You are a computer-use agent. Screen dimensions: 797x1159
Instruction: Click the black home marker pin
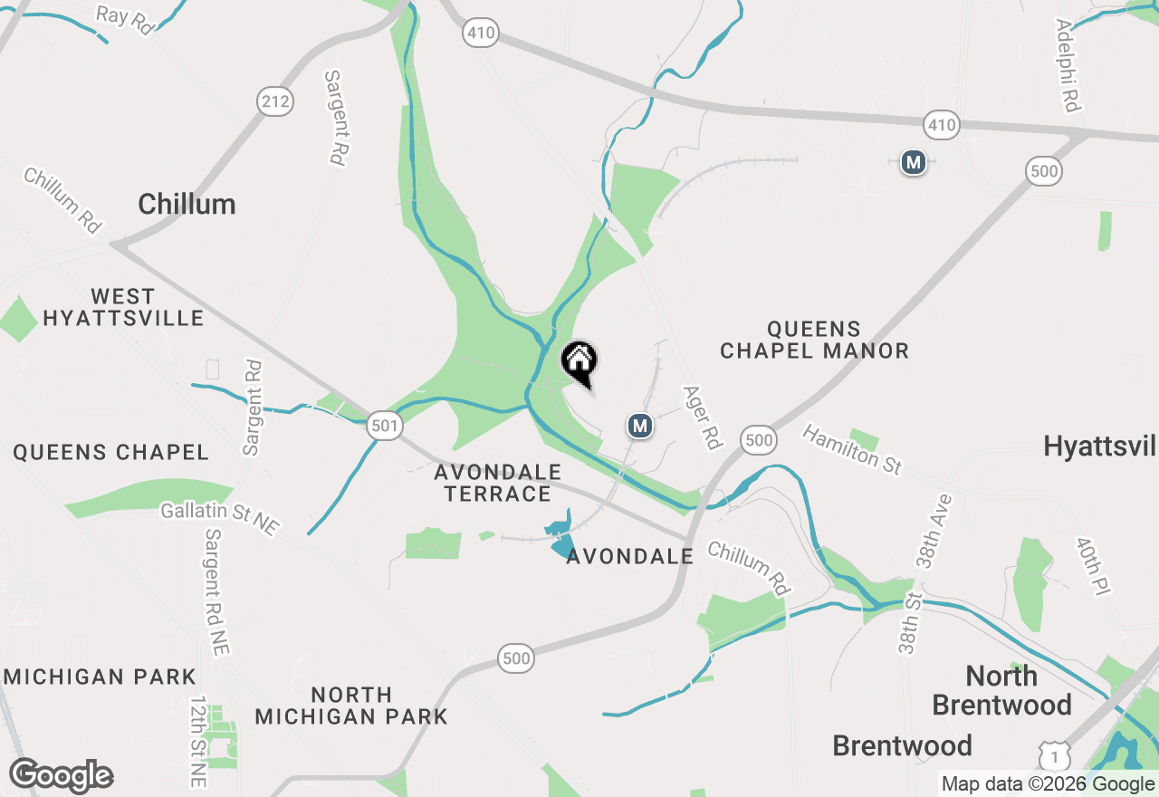point(579,362)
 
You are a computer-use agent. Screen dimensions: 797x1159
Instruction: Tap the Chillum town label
point(187,205)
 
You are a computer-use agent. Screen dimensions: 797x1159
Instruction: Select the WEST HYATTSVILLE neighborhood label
point(123,308)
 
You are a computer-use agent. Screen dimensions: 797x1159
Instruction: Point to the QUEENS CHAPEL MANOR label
point(814,340)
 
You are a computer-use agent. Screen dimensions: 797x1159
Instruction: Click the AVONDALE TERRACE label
point(497,484)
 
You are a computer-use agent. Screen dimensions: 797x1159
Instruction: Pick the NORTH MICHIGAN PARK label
point(351,706)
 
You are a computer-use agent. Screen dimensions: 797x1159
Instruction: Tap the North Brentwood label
point(1001,690)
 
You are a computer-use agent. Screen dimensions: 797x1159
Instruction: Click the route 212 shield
point(274,101)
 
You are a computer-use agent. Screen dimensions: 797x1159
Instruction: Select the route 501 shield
point(385,425)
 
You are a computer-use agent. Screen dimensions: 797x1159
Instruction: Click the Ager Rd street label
point(703,418)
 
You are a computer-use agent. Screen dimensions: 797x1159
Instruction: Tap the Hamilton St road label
point(852,449)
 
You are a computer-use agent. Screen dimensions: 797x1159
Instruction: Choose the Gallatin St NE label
point(220,518)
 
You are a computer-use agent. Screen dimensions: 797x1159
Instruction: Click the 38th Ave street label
point(935,531)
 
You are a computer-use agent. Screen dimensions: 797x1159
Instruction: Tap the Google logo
point(62,775)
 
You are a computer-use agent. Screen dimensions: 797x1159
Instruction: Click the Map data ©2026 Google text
point(1048,784)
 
